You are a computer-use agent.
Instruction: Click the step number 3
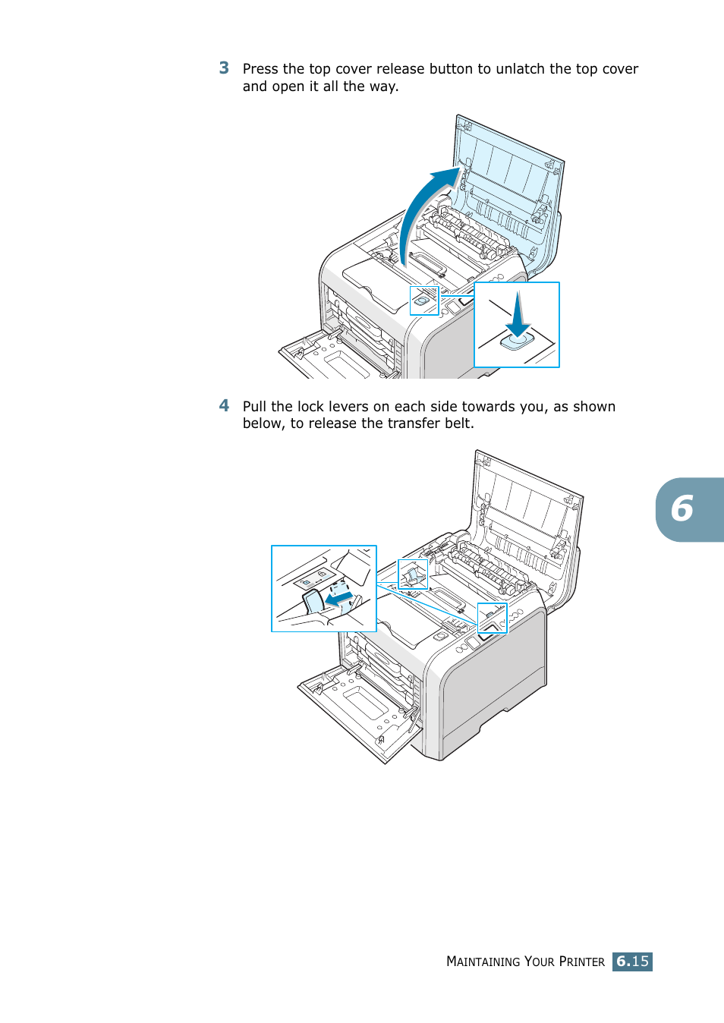coord(224,68)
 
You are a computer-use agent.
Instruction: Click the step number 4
coord(224,406)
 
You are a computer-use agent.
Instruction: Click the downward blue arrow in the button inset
coord(518,315)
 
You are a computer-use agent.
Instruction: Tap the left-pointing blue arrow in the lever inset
coord(339,599)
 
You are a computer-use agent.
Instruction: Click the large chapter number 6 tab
coord(683,509)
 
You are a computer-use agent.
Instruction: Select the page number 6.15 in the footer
coord(632,962)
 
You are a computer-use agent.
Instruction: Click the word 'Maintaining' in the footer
coord(483,962)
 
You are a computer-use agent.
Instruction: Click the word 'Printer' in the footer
coord(581,962)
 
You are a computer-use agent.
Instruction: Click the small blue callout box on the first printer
coord(424,301)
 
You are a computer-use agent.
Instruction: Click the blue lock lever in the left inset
coord(313,603)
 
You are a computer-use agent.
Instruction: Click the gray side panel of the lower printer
coord(493,675)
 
